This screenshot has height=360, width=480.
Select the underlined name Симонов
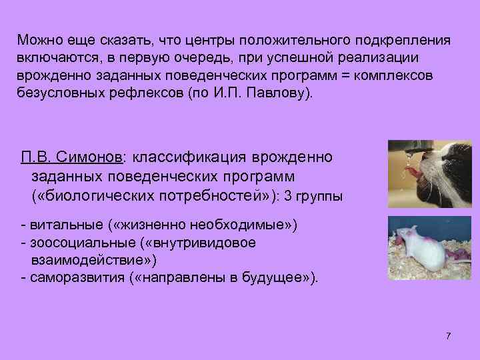(91, 157)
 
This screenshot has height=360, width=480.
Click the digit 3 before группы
(287, 197)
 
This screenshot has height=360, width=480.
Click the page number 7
(448, 335)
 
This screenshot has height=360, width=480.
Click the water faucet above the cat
(407, 146)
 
